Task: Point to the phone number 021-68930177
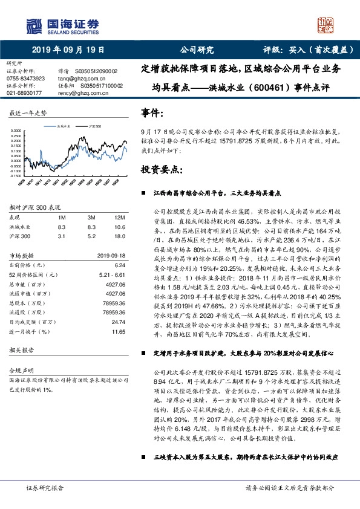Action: coord(24,93)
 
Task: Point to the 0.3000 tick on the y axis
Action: coord(16,131)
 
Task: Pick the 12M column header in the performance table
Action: coord(119,217)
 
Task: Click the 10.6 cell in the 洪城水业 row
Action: coord(119,227)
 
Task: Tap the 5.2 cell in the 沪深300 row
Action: coord(91,236)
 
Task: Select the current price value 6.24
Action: coord(119,265)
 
